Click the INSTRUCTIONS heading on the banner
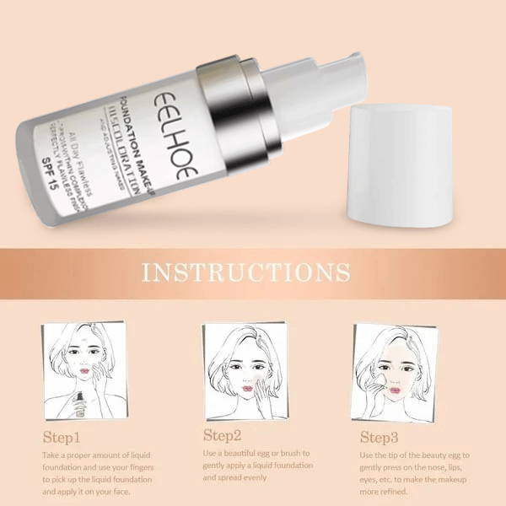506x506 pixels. pos(246,272)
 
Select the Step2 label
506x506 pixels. pos(222,435)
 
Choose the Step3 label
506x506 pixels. pos(379,437)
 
